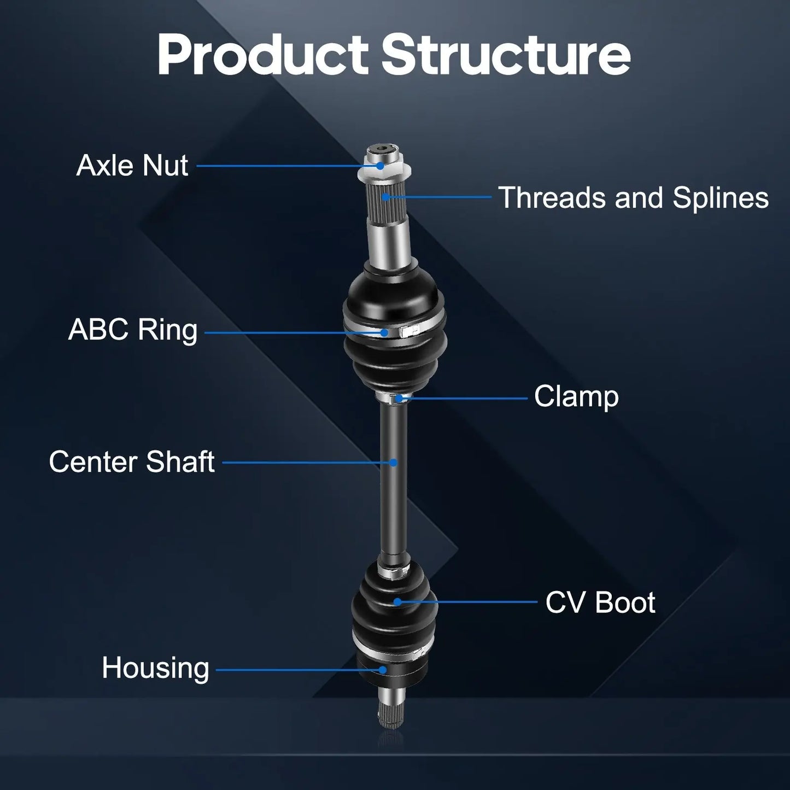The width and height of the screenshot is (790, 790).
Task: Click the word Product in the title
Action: click(x=263, y=55)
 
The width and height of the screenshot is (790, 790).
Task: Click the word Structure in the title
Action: click(x=506, y=55)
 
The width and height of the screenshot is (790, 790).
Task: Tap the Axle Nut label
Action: click(x=132, y=165)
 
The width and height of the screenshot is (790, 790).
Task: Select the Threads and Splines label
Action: click(x=633, y=197)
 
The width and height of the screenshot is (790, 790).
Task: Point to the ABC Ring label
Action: click(x=133, y=330)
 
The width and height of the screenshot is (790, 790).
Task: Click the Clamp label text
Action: click(x=576, y=397)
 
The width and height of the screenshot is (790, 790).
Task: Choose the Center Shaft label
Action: click(x=132, y=462)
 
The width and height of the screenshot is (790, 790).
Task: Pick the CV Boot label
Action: click(x=600, y=602)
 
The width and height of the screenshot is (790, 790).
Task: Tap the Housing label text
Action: click(x=155, y=669)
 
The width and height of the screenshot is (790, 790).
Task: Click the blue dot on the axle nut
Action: click(x=380, y=166)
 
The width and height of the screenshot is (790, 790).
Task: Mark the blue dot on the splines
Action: click(x=386, y=197)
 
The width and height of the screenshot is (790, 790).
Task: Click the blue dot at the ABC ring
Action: click(x=384, y=332)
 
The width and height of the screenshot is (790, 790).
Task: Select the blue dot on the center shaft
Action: click(x=393, y=463)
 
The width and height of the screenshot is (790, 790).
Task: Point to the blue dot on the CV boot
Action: click(x=397, y=602)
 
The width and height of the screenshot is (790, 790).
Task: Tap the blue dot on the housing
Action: click(x=383, y=670)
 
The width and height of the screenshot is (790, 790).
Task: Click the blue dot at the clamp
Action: click(x=399, y=398)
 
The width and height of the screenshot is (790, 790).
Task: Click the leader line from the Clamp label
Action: click(x=463, y=398)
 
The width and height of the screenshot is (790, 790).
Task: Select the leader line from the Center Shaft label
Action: click(x=307, y=463)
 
